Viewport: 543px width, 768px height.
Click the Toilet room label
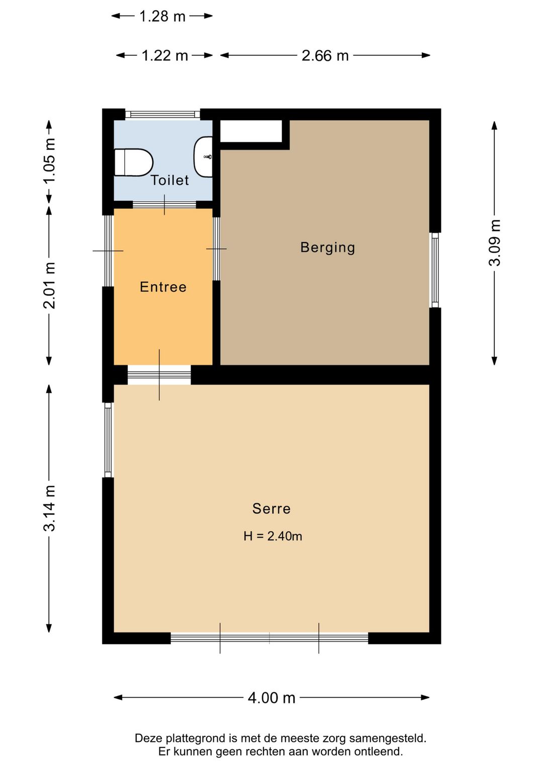click(170, 180)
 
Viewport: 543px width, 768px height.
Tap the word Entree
click(163, 287)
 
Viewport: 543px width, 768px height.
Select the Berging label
click(327, 248)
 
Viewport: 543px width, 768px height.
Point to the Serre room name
click(271, 508)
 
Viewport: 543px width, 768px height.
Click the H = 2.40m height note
click(273, 536)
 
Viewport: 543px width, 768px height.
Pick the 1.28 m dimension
click(162, 16)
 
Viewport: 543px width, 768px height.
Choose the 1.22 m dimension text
click(165, 55)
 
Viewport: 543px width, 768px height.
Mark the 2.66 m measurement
click(325, 55)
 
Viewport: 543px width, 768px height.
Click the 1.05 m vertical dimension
click(49, 161)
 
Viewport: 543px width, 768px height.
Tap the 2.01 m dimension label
click(49, 285)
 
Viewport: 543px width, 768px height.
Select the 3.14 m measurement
click(49, 508)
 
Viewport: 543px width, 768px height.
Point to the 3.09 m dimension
click(494, 243)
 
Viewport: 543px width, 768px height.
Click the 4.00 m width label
click(271, 698)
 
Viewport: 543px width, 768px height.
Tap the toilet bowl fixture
click(133, 162)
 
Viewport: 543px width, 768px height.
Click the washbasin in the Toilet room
click(203, 157)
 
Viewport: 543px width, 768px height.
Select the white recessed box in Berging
click(251, 131)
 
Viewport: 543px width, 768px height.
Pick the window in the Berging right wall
click(435, 270)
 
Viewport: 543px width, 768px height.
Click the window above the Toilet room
click(163, 114)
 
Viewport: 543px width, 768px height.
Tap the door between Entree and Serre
click(159, 375)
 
